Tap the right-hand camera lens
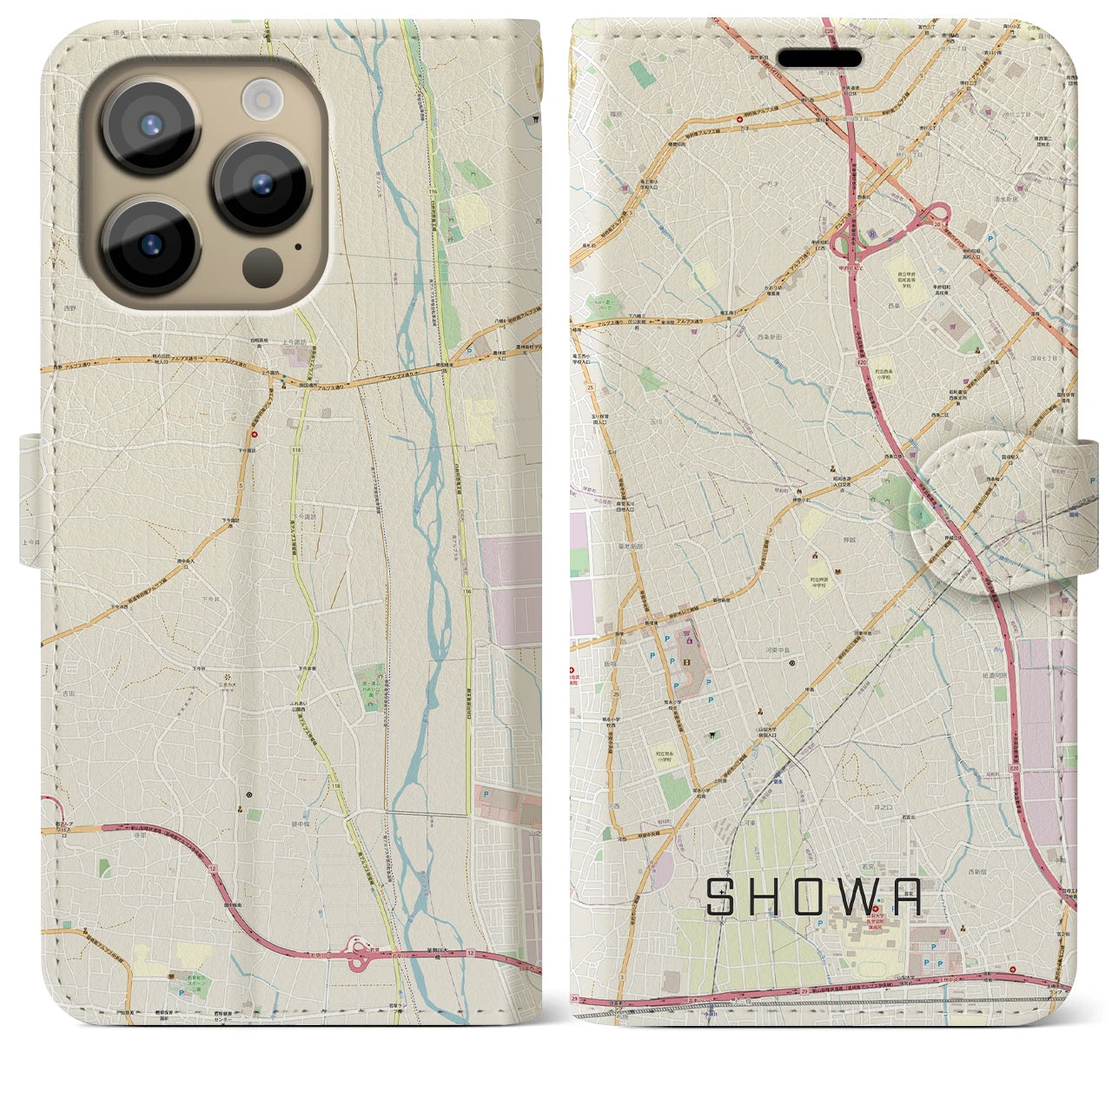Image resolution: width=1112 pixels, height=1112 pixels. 262,184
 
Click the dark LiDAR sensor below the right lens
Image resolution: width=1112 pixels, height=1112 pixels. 261,265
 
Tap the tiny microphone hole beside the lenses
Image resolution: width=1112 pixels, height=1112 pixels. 299,246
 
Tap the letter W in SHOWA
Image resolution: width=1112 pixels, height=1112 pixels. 861,897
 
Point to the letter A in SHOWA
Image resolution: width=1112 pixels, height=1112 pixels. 908,897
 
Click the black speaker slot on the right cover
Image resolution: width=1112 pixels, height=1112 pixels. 819,58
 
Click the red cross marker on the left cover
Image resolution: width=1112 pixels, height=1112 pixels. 255,434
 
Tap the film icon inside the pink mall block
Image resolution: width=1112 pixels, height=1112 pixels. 688,642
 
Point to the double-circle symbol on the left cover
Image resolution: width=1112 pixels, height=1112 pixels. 249,794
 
